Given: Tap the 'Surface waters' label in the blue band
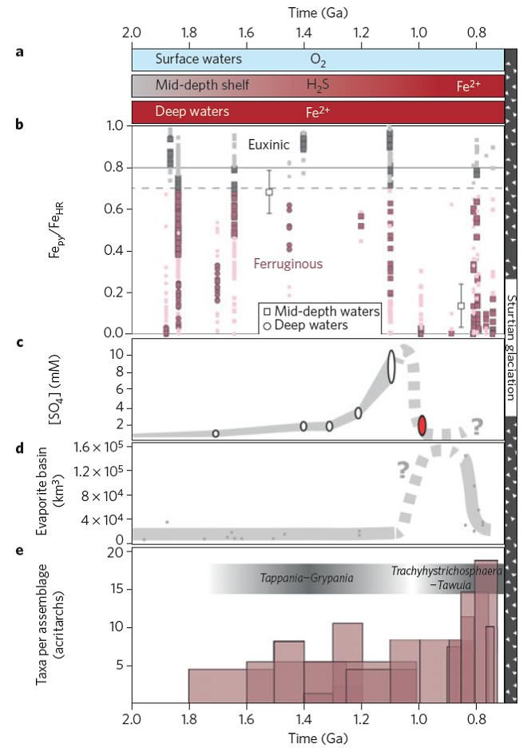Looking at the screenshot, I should [198, 59].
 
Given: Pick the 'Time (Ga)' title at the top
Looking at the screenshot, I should [318, 12].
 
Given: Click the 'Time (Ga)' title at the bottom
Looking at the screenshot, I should [318, 738].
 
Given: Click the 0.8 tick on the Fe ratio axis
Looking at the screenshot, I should [116, 168].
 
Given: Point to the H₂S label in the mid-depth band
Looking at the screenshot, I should [318, 85].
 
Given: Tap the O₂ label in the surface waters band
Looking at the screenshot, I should [319, 59].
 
